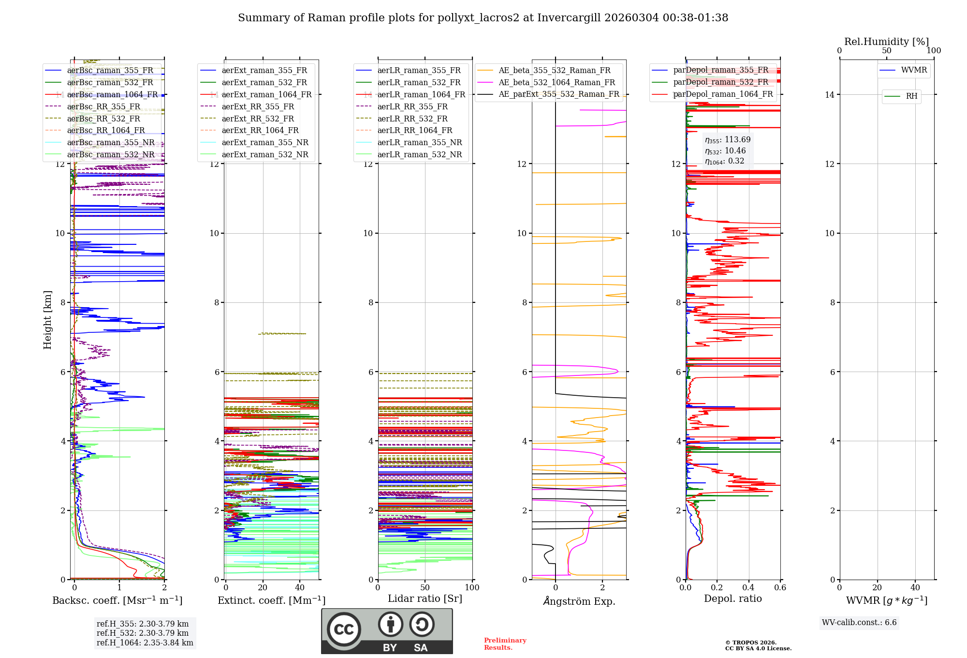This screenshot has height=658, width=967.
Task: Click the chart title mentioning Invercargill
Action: coord(483,18)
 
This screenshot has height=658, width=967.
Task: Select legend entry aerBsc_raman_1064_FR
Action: coord(112,94)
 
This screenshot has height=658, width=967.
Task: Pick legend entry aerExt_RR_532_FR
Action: coord(258,119)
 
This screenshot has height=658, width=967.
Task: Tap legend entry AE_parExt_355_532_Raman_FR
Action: coord(558,94)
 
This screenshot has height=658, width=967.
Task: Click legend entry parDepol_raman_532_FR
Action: coord(720,82)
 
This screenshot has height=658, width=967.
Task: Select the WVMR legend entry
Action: coord(914,70)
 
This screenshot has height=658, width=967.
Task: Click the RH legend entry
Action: coord(911,96)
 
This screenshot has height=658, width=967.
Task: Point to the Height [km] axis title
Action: coord(47,320)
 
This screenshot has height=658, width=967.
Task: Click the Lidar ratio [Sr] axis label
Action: coord(425,598)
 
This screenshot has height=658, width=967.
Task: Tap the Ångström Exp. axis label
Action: coord(579,601)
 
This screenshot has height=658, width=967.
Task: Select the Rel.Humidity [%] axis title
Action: coord(886,42)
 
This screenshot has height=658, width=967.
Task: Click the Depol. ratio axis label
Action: coord(733,598)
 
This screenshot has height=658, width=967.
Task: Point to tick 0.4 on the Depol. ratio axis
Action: coord(748,587)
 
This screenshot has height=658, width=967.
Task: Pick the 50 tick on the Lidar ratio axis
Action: coord(425,587)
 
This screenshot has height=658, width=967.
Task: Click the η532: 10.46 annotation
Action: coord(725,151)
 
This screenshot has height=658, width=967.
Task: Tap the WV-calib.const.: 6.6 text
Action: coord(859,623)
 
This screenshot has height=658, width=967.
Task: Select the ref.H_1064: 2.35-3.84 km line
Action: coord(145,643)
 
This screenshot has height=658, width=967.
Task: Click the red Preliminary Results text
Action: coord(505,644)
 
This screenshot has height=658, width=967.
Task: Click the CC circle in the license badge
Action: coord(344,629)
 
